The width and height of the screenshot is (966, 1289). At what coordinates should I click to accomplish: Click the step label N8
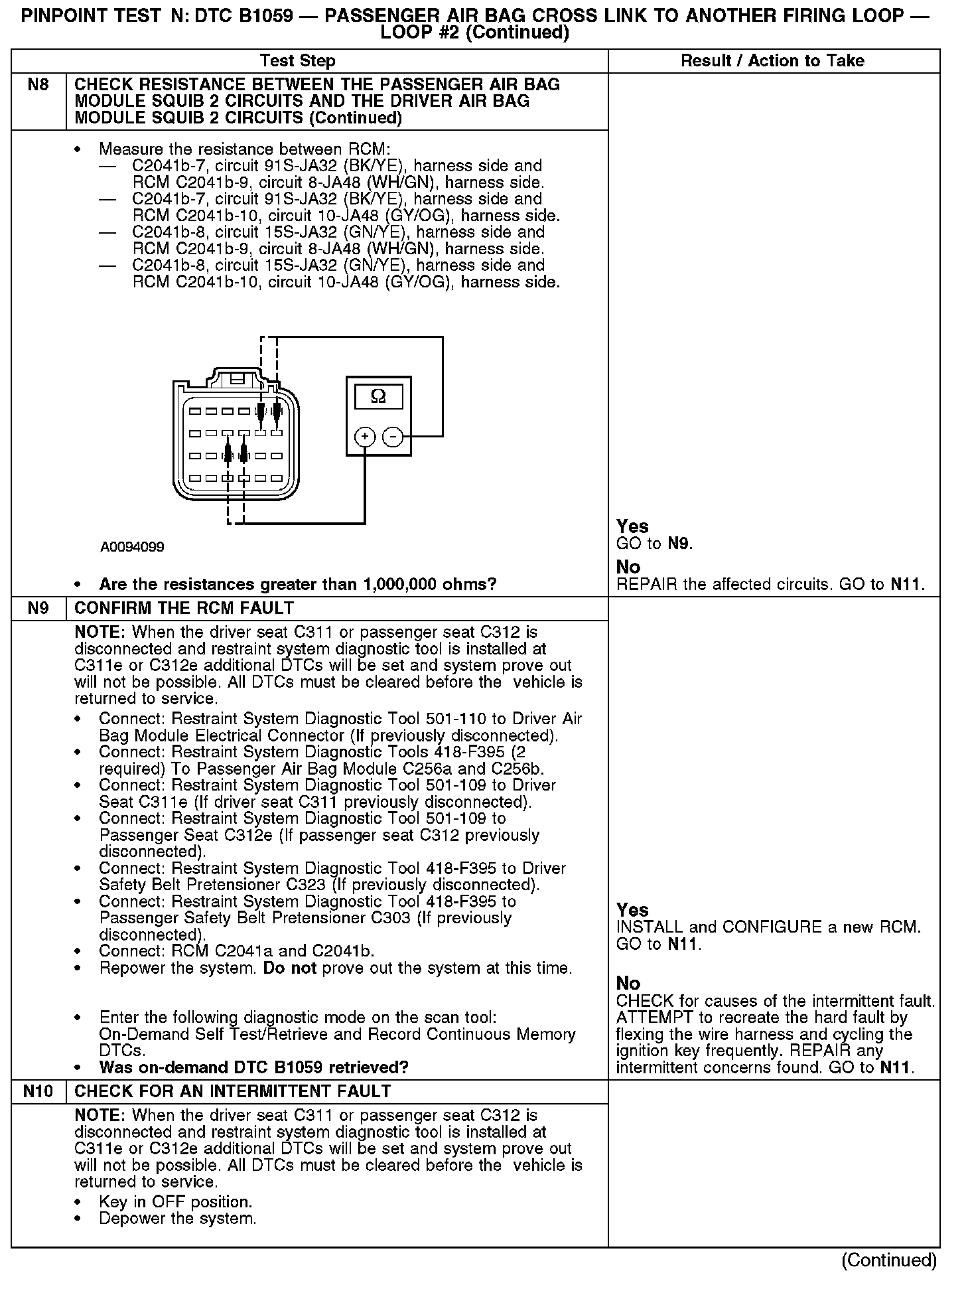coord(38,85)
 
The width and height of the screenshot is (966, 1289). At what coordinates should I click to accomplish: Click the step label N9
coord(38,609)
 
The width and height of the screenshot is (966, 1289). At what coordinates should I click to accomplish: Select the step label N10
coord(38,1092)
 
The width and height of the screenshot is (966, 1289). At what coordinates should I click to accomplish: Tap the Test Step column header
coord(298,61)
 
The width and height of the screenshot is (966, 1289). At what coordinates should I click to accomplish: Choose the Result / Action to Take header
coord(773,61)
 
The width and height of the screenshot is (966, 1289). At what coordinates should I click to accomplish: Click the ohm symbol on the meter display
coord(378,396)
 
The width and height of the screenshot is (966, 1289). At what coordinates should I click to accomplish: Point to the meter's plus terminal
coord(365,437)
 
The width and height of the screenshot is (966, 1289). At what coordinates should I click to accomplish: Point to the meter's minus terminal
coord(393,437)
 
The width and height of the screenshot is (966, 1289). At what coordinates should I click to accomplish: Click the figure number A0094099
coord(132,547)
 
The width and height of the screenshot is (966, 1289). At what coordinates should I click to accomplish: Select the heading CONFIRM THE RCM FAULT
coord(184,609)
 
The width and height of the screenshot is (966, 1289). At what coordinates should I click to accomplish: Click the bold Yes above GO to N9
coord(632,526)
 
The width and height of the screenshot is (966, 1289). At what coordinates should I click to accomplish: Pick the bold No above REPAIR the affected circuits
coord(628,567)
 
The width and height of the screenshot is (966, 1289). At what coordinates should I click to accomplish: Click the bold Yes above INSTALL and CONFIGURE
coord(632,910)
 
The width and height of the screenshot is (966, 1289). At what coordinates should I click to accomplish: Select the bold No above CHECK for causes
coord(628,983)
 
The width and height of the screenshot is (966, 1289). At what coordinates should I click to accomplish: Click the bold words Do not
coord(289,968)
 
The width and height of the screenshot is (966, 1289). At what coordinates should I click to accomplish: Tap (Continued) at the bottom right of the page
coord(889,1260)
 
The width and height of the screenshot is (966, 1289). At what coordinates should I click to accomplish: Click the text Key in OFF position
coord(175,1202)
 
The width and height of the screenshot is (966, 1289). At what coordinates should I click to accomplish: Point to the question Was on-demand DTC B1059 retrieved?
coord(253,1067)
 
